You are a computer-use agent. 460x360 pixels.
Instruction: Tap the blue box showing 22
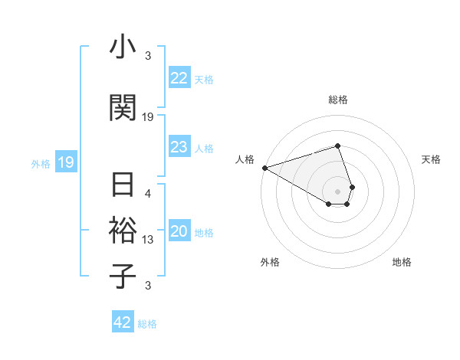tap(179, 78)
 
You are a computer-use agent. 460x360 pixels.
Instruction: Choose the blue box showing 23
tap(179, 147)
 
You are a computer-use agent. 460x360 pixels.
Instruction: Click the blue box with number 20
tap(179, 232)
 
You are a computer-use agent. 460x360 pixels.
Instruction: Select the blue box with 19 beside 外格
tap(65, 162)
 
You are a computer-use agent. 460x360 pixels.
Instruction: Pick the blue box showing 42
tap(123, 322)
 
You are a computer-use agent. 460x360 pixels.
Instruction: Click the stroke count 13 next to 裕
tap(148, 240)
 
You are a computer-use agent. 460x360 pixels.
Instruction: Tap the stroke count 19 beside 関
tap(148, 117)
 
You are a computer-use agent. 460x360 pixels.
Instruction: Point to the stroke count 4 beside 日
tap(148, 195)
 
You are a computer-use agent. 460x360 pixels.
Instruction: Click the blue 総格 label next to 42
tap(147, 324)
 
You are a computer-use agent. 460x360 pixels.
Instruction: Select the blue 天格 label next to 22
tap(204, 79)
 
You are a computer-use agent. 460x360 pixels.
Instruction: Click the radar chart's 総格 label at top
tap(338, 100)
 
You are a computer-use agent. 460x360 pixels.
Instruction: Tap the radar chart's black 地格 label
tap(402, 262)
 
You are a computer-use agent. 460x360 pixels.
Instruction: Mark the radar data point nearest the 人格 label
tap(264, 167)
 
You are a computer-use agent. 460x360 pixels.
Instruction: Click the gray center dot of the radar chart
tap(338, 191)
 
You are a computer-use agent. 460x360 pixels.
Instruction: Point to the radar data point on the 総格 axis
tap(338, 146)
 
